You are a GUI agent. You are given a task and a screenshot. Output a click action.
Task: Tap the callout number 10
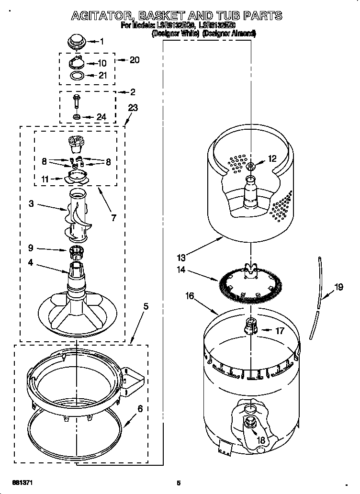[102, 63]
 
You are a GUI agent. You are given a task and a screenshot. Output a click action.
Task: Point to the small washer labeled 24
[76, 116]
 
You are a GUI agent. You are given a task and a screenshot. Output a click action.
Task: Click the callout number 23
[132, 108]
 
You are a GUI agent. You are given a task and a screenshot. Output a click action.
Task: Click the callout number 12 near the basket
[272, 158]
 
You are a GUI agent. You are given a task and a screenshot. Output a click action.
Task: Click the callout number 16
[190, 296]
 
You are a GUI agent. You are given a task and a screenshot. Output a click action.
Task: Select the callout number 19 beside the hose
[338, 287]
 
